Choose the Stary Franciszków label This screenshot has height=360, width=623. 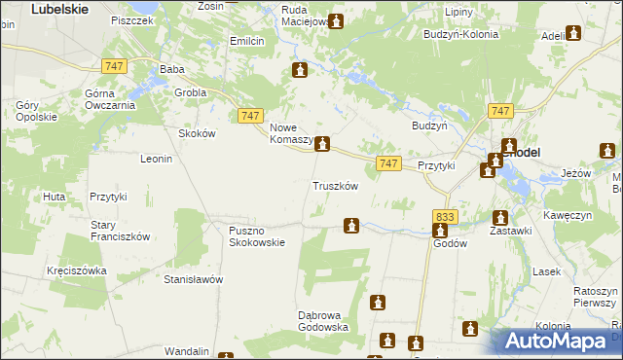pyautogui.click(x=120, y=230)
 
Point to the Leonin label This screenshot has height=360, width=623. pyautogui.click(x=157, y=159)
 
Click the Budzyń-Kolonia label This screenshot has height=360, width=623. pyautogui.click(x=460, y=34)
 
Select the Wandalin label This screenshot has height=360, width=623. pyautogui.click(x=187, y=350)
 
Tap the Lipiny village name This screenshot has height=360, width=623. pyautogui.click(x=458, y=13)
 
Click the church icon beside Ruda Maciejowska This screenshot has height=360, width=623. pyautogui.click(x=337, y=21)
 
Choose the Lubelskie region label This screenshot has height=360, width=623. pyautogui.click(x=60, y=8)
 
